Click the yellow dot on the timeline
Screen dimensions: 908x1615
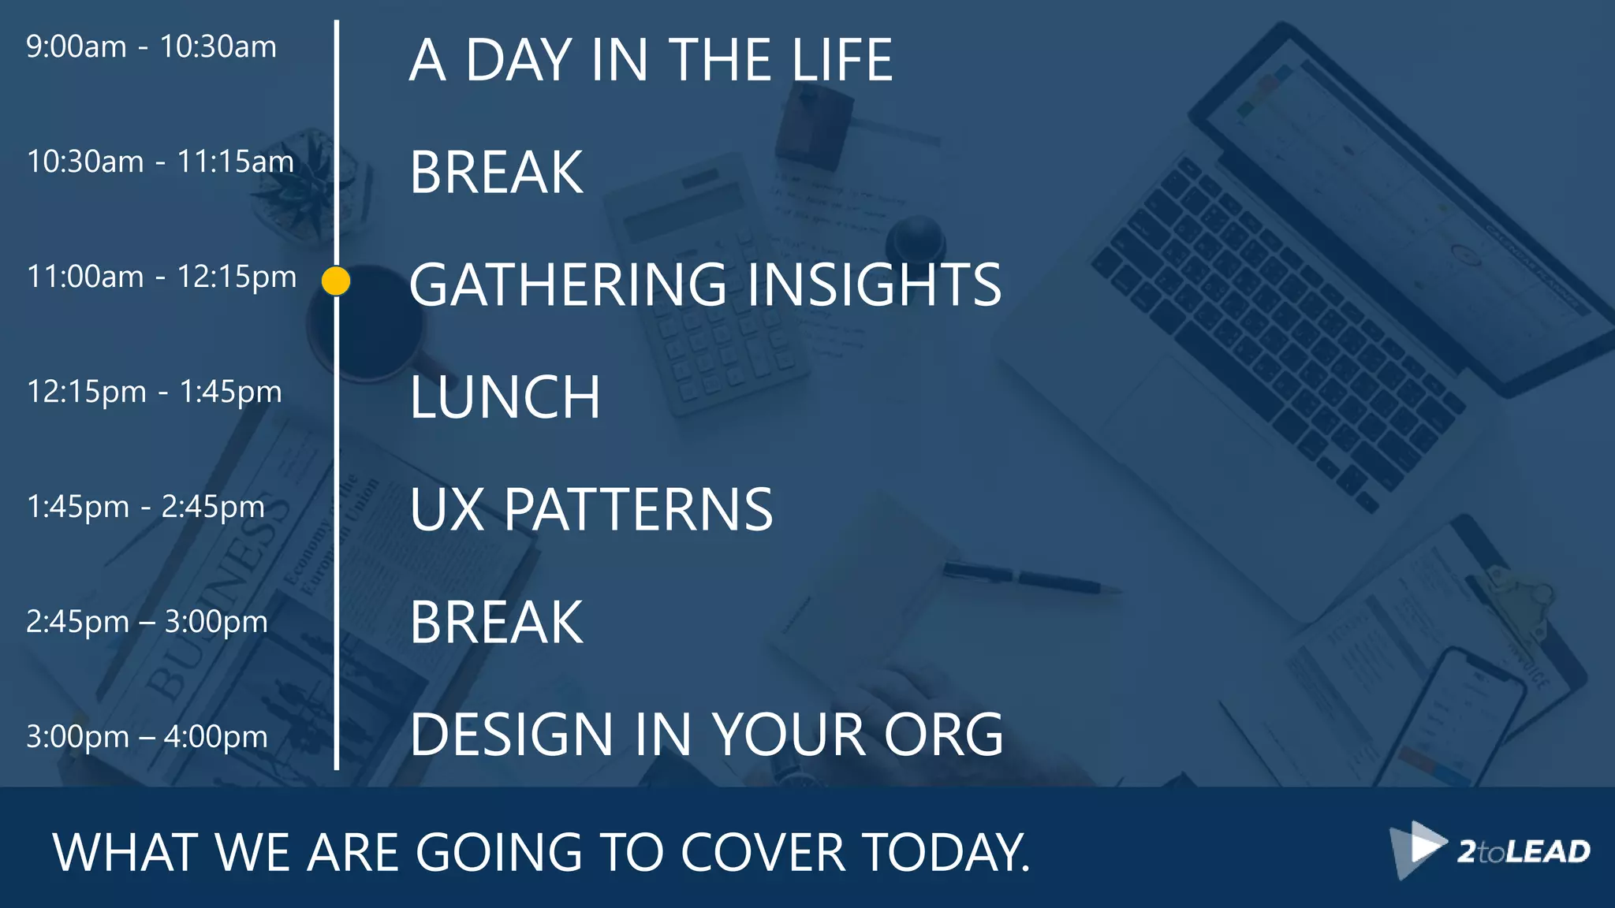click(336, 281)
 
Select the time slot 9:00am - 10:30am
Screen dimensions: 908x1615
click(151, 47)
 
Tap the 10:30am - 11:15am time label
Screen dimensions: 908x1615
click(160, 162)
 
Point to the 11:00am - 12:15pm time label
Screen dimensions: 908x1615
click(162, 277)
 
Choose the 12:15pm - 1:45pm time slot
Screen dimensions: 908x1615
click(155, 392)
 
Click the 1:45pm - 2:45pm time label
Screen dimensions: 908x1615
click(146, 507)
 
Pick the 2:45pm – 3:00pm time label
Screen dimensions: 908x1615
click(147, 622)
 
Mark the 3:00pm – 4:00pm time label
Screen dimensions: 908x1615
click(147, 737)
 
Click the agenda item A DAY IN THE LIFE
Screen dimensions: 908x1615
click(651, 60)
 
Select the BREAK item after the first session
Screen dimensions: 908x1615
click(497, 173)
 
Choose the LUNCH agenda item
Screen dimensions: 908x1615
click(505, 397)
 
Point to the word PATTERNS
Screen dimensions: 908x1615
click(638, 510)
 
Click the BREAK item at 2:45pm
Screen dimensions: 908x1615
click(497, 623)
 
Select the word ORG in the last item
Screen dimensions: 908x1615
click(943, 735)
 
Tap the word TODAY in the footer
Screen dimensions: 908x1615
click(946, 853)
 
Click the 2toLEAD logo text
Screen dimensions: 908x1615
click(1524, 852)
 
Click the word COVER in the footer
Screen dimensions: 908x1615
click(763, 853)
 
